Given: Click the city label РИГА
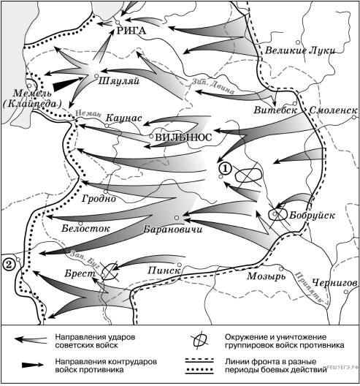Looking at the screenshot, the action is (131, 31).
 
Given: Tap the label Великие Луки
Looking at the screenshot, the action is (300, 50).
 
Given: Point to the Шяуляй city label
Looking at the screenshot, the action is (119, 81).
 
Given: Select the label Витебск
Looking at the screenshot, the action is (275, 110).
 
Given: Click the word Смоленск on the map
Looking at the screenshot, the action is (333, 110).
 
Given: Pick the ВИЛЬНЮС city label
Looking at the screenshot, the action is (183, 137).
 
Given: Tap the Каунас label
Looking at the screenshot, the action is (123, 118).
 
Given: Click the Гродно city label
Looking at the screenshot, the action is (99, 198).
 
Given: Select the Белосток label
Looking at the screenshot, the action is (85, 228).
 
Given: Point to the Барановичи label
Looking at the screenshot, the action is (173, 230).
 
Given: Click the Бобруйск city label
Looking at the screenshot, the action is (312, 216).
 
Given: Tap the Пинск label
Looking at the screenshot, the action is (164, 270).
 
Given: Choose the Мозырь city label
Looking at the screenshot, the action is (267, 276).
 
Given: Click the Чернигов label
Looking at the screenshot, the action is (334, 283).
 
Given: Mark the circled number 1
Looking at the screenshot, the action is (225, 169).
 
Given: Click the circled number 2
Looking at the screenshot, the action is (8, 265).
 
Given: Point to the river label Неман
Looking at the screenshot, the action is (88, 113).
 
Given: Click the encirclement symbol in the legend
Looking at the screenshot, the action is (200, 341).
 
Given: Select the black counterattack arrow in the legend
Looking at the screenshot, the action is (32, 365).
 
